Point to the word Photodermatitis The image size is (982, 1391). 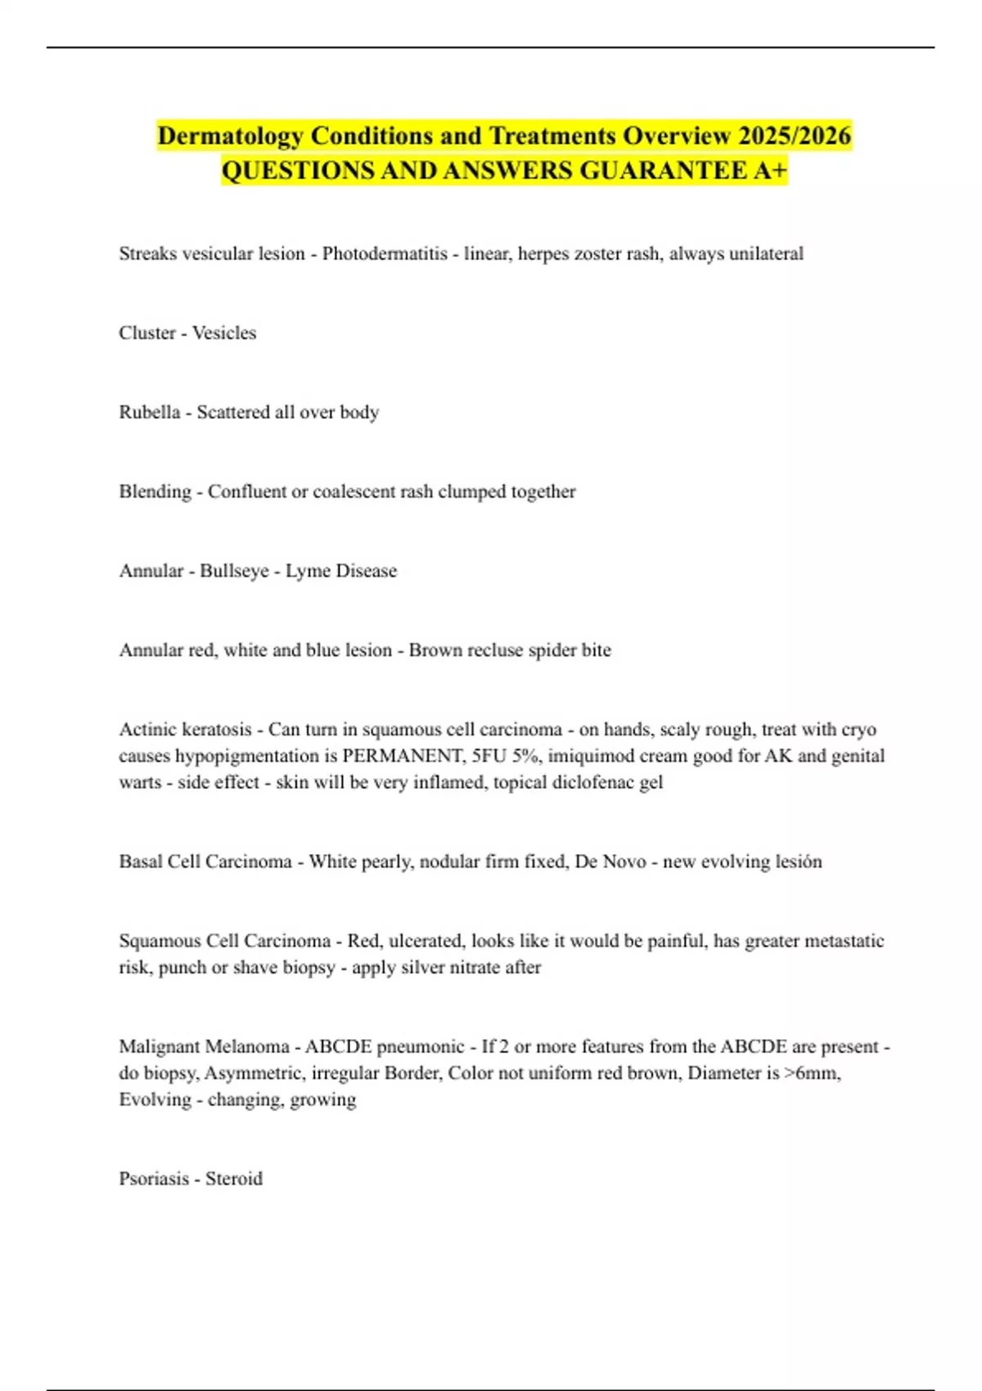[x=385, y=254]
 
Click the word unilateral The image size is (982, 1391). [x=766, y=254]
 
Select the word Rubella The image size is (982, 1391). [x=149, y=412]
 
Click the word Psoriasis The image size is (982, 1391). [x=154, y=1179]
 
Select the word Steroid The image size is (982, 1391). [x=234, y=1179]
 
